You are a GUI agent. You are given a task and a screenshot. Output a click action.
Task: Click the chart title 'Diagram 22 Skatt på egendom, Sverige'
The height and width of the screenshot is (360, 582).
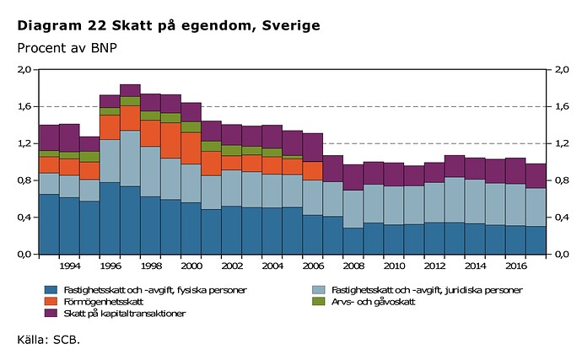tap(169, 26)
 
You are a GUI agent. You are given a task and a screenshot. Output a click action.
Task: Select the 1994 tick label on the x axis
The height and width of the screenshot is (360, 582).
tap(69, 266)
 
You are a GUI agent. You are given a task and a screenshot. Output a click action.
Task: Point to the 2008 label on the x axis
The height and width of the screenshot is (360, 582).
tap(353, 266)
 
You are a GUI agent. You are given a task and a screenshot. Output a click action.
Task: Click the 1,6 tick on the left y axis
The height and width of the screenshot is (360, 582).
tap(24, 106)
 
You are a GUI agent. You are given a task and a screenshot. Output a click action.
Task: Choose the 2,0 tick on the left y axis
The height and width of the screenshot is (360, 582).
tap(24, 69)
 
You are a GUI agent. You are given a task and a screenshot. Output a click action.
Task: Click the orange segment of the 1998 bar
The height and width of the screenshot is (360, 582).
tap(150, 133)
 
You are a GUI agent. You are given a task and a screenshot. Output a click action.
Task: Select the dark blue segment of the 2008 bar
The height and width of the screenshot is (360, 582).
tap(353, 240)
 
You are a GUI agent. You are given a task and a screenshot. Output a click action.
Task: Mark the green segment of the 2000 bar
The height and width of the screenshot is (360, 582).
tap(191, 127)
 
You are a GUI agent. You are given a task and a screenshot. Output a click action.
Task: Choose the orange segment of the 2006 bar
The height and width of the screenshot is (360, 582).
tap(313, 170)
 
